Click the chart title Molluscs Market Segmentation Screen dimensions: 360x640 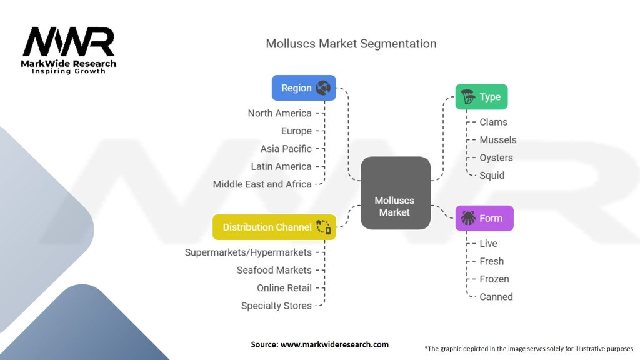click(351, 44)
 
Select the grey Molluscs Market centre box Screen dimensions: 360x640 click(395, 192)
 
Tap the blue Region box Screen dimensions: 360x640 click(304, 88)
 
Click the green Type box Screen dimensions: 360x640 click(481, 97)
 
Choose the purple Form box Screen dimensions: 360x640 click(484, 219)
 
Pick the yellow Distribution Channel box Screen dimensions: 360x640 click(274, 227)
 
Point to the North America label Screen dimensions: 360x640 click(279, 113)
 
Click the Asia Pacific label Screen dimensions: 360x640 click(286, 149)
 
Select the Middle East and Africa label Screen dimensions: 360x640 click(262, 184)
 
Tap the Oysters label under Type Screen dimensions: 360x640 click(496, 157)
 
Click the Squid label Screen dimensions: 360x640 click(492, 175)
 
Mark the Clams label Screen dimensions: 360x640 click(493, 122)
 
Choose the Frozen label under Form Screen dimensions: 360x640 click(494, 279)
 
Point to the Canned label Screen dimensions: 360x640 click(496, 297)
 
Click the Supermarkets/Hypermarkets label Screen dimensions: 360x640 click(247, 252)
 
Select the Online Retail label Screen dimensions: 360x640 click(284, 288)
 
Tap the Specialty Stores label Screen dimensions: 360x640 click(276, 306)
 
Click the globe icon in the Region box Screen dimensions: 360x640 click(323, 88)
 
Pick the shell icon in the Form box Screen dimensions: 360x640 click(468, 218)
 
